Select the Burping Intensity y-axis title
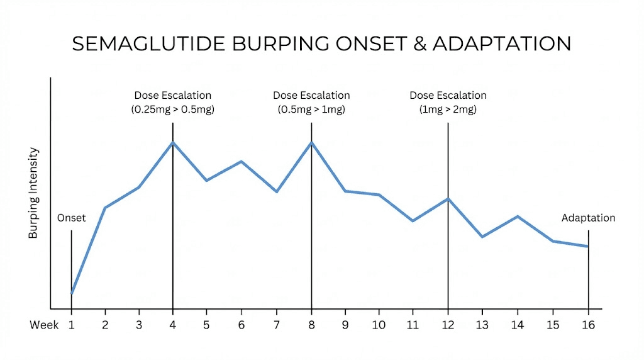coord(34,193)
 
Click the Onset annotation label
coord(71,218)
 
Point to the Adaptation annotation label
coord(588,218)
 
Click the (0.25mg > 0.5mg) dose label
coord(173,109)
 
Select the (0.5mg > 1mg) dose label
coord(311,109)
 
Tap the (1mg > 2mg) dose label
coord(448,109)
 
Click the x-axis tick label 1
coord(71,325)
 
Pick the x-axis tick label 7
coord(276,325)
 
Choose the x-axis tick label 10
coord(379,325)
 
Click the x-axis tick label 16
coord(588,325)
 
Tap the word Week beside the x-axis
coord(44,325)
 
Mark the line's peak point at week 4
coord(173,142)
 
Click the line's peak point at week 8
coord(311,142)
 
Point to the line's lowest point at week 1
coord(72,293)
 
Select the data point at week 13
coord(482,237)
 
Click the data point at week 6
coord(241,161)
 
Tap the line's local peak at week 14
coord(518,217)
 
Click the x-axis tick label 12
coord(448,325)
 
